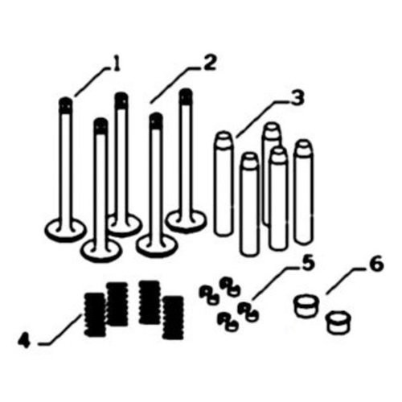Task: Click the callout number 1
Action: (118, 62)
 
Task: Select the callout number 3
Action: (297, 99)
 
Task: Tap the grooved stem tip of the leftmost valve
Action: (66, 105)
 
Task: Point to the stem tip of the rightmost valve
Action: (186, 97)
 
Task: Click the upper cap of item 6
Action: (306, 306)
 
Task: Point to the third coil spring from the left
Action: (149, 302)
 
